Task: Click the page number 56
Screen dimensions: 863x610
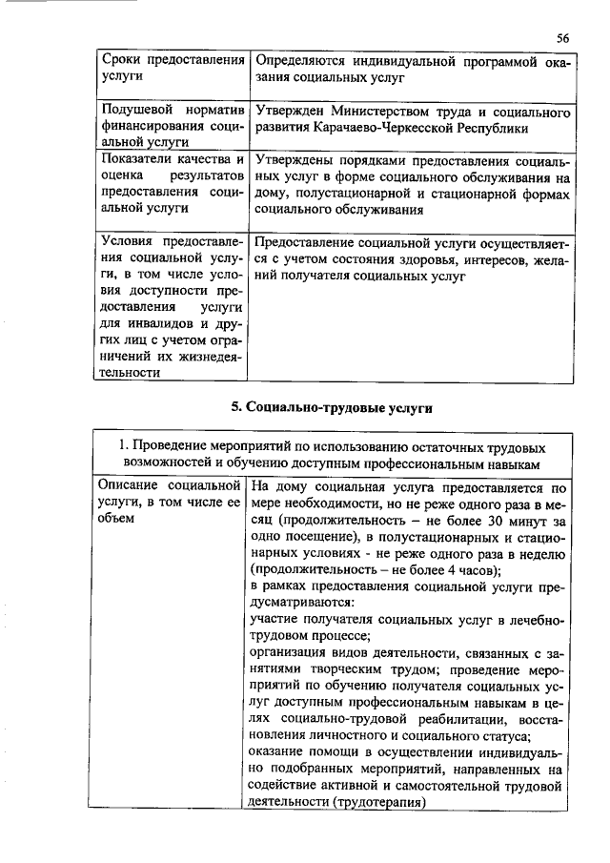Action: (x=562, y=37)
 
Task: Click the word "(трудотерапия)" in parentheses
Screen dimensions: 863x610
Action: (x=373, y=802)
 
